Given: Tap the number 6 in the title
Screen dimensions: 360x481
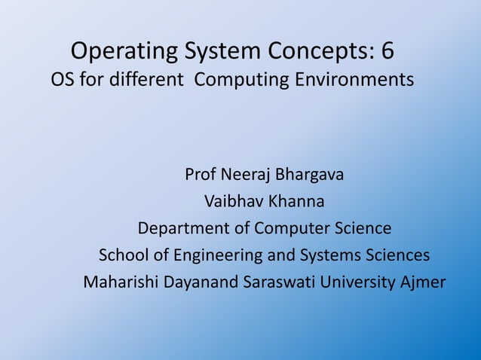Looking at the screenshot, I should pyautogui.click(x=387, y=51).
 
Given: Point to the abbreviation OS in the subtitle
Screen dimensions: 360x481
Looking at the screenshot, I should pyautogui.click(x=62, y=79).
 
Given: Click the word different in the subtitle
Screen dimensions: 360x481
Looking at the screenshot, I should pyautogui.click(x=146, y=79).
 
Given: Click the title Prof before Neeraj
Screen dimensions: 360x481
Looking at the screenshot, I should pyautogui.click(x=201, y=175).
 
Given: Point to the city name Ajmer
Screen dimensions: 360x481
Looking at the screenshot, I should pyautogui.click(x=426, y=282).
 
